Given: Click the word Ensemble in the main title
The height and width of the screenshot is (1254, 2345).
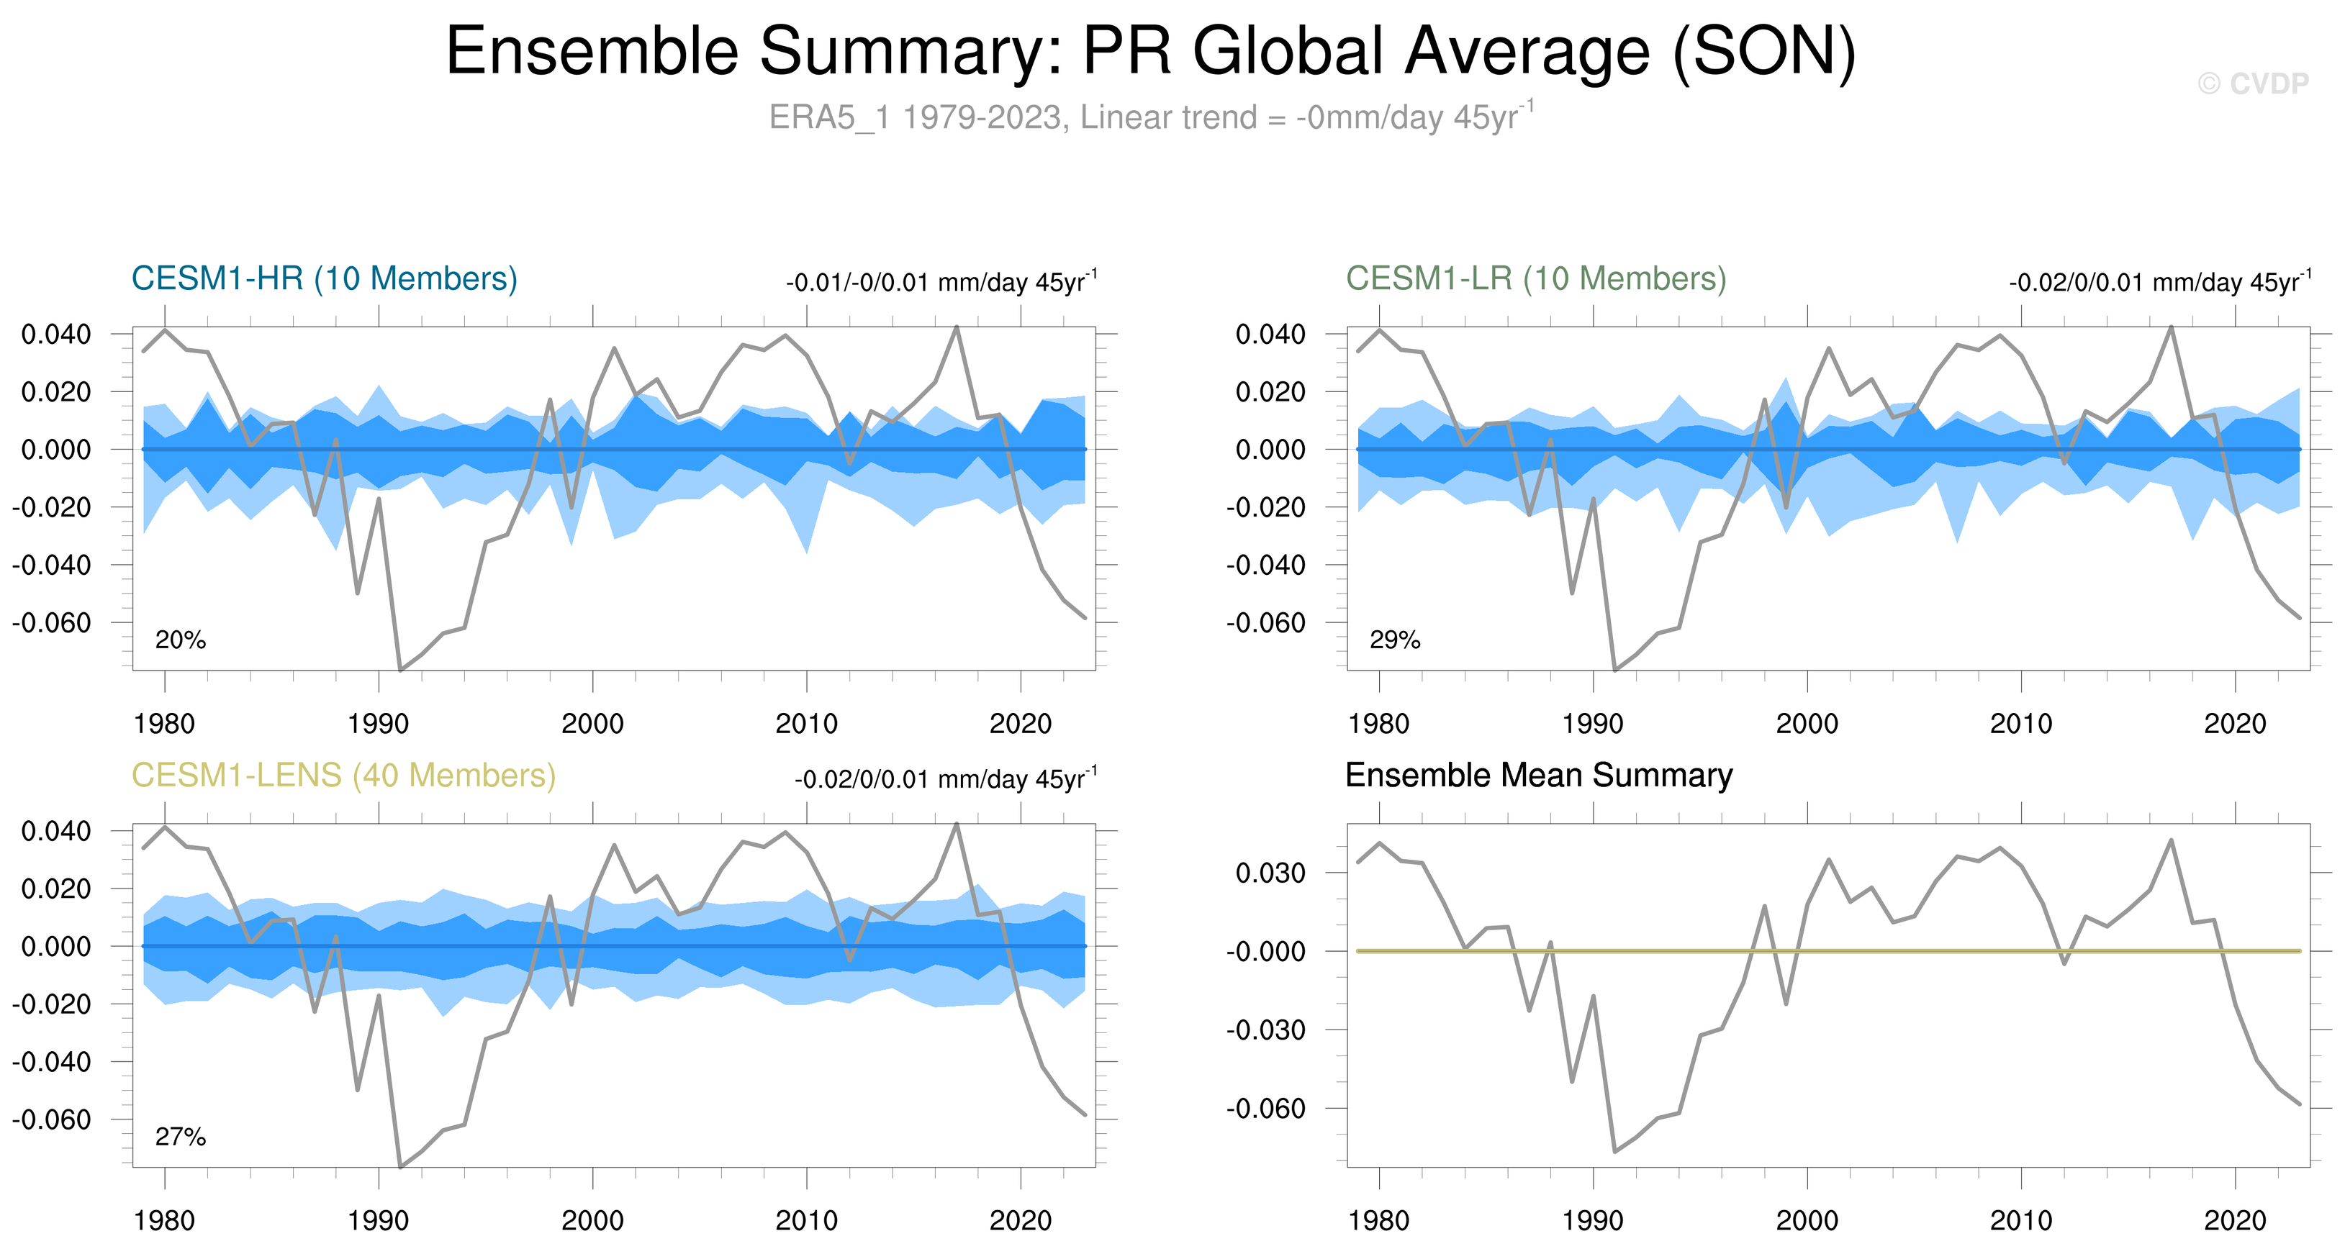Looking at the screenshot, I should tap(592, 51).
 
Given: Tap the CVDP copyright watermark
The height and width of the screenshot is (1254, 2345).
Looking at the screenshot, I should tap(2253, 83).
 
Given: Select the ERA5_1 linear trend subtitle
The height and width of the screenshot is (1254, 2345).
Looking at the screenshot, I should tap(1152, 117).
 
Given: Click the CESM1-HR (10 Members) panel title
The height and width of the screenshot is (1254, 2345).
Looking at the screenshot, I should tap(324, 278).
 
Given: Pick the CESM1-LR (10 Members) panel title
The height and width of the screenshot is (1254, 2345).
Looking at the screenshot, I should tap(1536, 278).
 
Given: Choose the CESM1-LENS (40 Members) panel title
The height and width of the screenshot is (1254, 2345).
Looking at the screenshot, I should tap(343, 776).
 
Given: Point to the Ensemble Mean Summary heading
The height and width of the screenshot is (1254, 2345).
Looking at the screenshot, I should tap(1538, 776).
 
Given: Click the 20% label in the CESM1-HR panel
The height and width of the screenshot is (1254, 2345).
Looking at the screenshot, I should tap(180, 640).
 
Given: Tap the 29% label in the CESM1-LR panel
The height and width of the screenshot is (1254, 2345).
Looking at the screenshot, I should tap(1395, 640).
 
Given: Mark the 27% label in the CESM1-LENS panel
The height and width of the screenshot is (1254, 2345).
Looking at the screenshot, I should tap(180, 1137).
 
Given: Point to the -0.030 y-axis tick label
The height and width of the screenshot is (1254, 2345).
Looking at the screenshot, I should tap(1265, 1030).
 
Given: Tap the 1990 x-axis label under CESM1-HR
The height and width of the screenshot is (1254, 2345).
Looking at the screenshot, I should tap(378, 724).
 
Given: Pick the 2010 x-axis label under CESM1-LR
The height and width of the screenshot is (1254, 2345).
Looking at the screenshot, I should tap(2021, 724).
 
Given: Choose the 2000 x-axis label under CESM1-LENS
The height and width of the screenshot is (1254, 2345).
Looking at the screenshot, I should tap(592, 1221).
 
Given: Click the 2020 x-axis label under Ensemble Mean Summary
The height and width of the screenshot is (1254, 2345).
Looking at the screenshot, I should tap(2235, 1221).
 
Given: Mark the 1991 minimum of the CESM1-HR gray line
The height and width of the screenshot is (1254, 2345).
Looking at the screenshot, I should tap(400, 670).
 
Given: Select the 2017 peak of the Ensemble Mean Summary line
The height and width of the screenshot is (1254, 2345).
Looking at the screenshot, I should tap(2171, 840).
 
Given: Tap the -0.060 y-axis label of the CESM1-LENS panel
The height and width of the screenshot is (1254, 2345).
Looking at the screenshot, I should tap(51, 1119).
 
